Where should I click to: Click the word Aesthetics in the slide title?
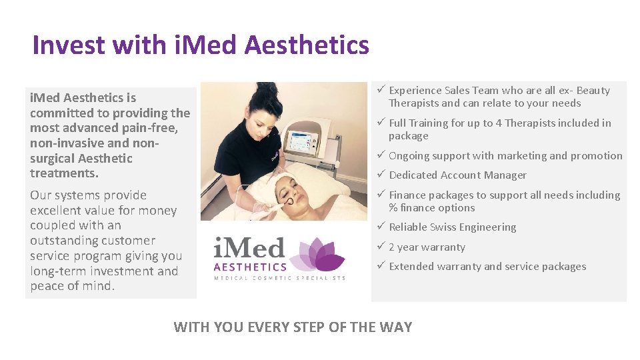pyautogui.click(x=307, y=45)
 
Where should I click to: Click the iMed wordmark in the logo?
pyautogui.click(x=249, y=249)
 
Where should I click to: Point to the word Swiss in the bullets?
pyautogui.click(x=443, y=227)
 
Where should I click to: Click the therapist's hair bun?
pyautogui.click(x=266, y=89)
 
